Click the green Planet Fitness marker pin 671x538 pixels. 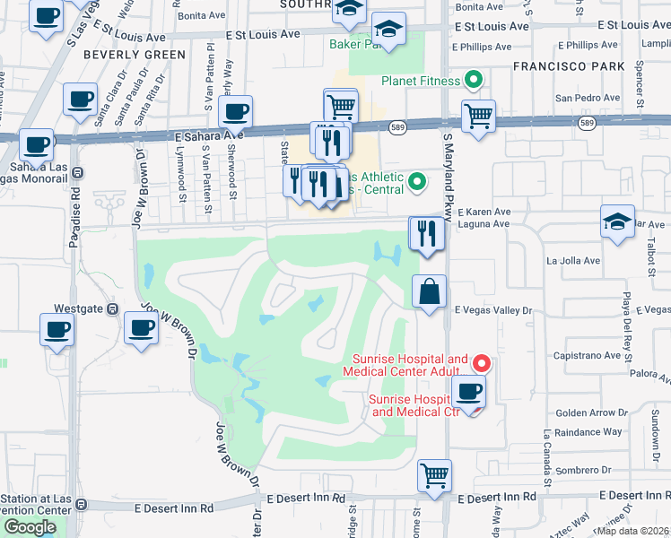point(473,81)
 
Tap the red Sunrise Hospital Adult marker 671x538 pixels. point(481,363)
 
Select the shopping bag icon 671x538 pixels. point(430,291)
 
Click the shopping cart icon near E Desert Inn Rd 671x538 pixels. point(435,475)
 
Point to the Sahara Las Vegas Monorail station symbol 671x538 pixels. point(77,172)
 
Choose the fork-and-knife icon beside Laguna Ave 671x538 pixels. point(426,234)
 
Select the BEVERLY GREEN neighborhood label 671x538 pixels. point(134,55)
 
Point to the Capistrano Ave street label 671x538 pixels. point(588,355)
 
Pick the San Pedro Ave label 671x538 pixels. point(588,98)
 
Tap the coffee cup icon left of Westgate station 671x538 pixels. point(56,329)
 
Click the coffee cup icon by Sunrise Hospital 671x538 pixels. point(468,390)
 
